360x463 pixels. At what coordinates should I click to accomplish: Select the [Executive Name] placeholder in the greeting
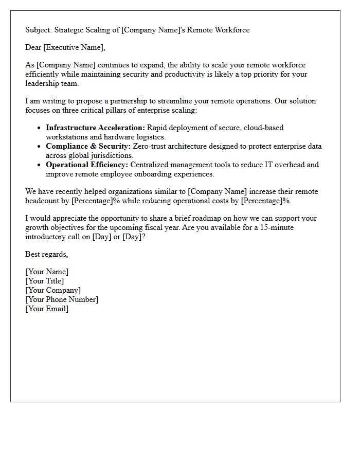point(74,48)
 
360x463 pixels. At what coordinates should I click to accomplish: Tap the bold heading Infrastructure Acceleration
point(95,128)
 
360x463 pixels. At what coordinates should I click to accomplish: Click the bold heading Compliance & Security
point(88,146)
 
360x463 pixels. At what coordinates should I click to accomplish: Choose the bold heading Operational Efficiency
point(87,165)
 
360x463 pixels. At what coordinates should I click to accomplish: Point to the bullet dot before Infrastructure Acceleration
point(40,128)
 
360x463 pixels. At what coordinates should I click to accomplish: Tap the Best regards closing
point(47,254)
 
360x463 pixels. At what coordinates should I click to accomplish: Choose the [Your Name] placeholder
point(47,272)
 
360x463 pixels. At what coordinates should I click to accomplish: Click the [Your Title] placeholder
point(45,281)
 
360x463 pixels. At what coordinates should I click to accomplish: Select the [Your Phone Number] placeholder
point(62,299)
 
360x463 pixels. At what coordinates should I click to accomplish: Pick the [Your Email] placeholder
point(47,309)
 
